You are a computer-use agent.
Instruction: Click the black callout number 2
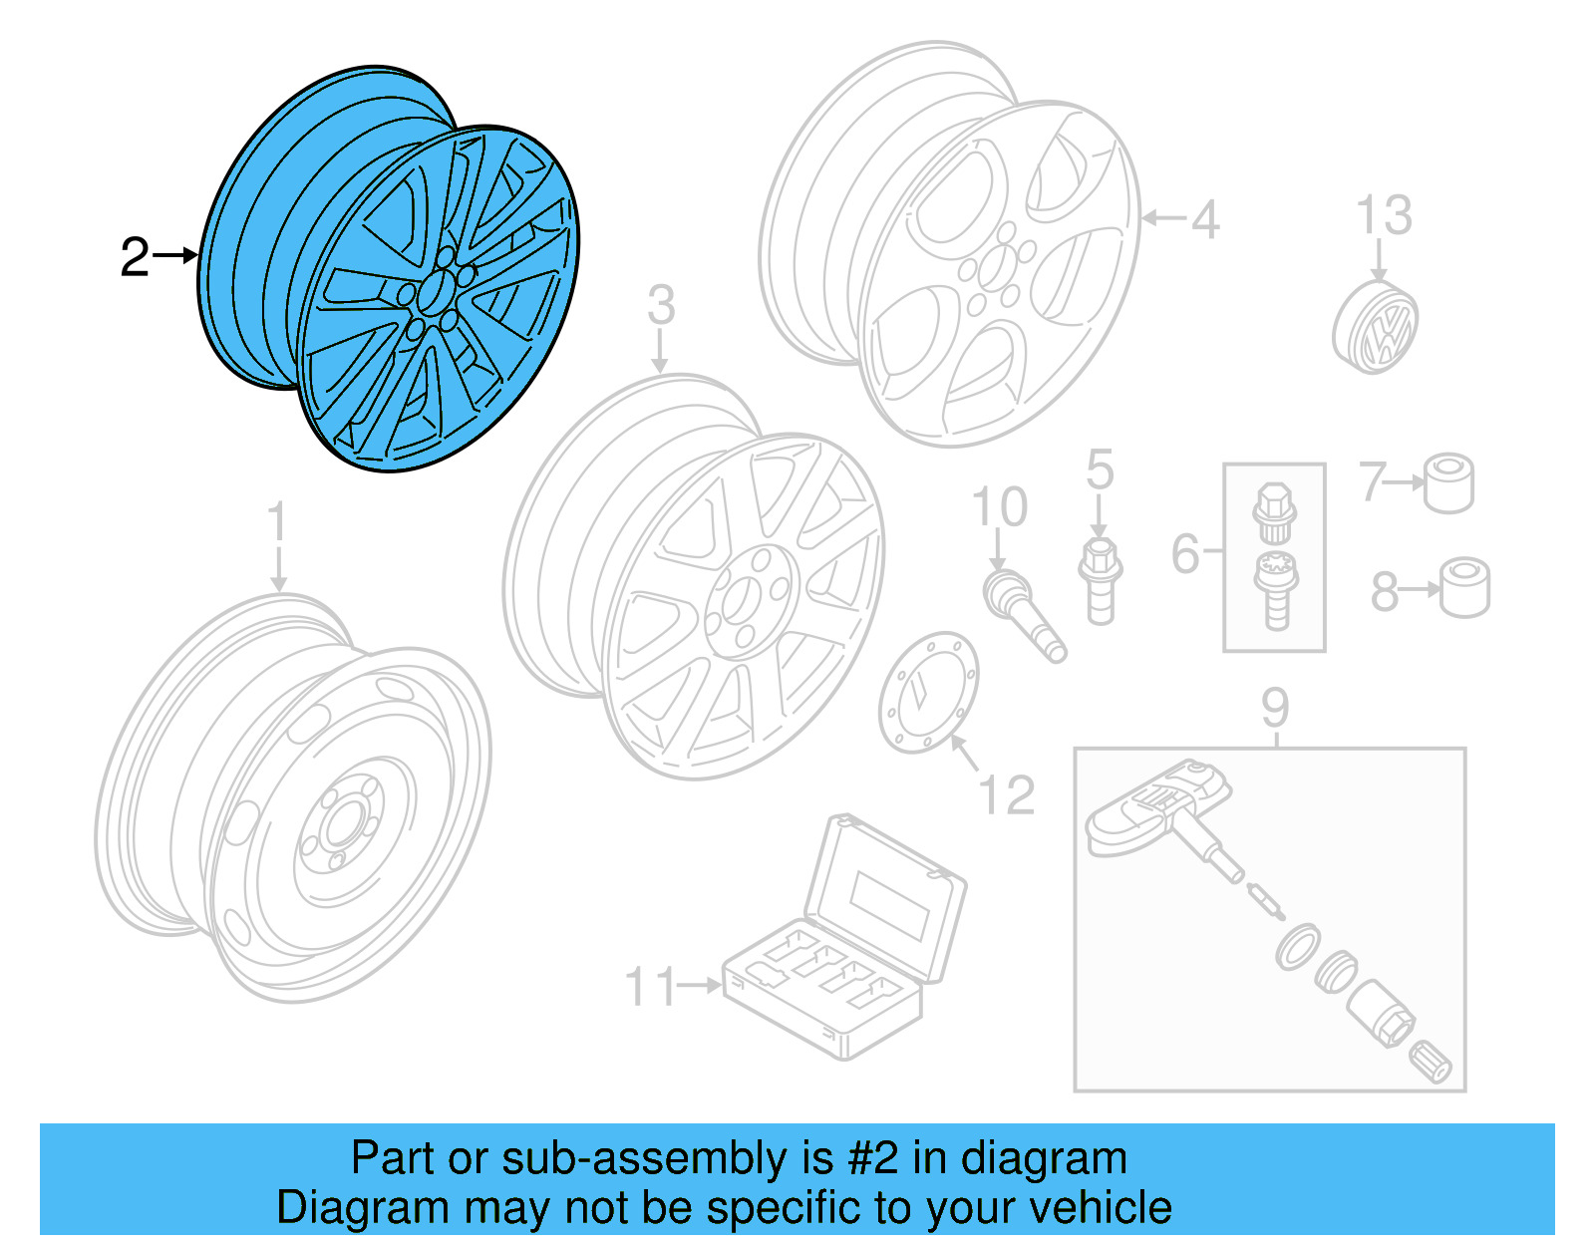coord(134,257)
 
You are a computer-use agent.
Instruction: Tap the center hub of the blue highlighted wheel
coord(433,291)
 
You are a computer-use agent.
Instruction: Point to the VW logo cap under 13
coord(1376,327)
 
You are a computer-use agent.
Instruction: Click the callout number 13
coord(1384,215)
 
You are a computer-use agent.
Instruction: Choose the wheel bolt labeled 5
coord(1100,581)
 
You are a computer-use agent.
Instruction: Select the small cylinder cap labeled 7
coord(1448,483)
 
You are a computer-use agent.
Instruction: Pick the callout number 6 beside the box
coord(1185,554)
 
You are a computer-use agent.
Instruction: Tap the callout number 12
coord(1006,794)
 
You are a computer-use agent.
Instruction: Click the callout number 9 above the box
coord(1275,708)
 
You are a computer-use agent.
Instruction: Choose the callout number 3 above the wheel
coord(661,305)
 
